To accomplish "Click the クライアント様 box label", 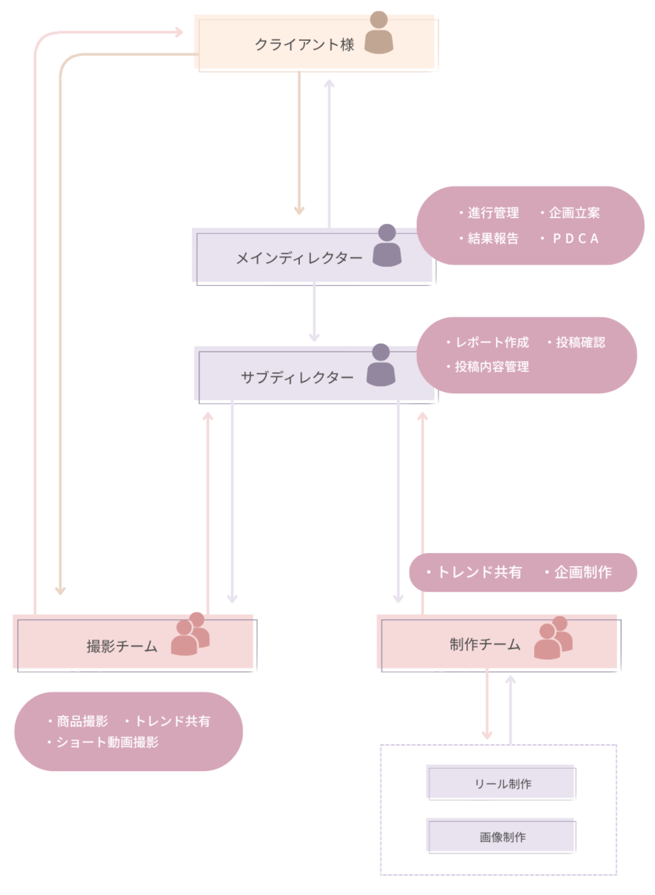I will (x=304, y=44).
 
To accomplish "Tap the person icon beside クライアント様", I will (x=379, y=33).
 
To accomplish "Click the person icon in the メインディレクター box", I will (x=387, y=245).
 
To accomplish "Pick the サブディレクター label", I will (x=297, y=377).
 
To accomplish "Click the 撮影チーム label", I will (x=122, y=646).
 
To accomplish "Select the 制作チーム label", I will (x=485, y=645).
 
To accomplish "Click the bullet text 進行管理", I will (x=493, y=213).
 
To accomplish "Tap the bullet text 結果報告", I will (x=493, y=239).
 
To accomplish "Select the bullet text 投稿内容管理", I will (x=491, y=367).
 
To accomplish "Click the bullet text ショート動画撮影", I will (x=107, y=742).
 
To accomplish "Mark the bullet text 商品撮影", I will (x=82, y=721).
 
